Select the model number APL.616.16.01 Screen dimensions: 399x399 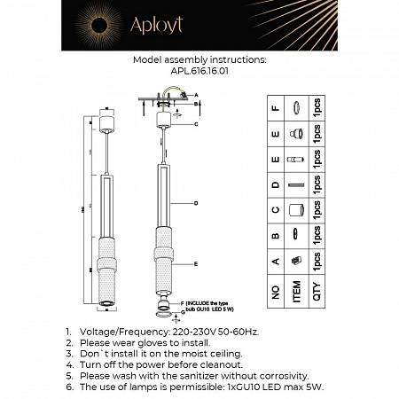pos(199,76)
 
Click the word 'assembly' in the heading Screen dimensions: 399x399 pos(192,62)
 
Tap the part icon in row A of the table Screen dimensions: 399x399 pos(297,258)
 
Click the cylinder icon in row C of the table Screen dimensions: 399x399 pos(297,209)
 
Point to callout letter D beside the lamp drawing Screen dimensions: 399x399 pos(194,203)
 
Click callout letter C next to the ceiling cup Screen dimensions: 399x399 pos(194,124)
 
